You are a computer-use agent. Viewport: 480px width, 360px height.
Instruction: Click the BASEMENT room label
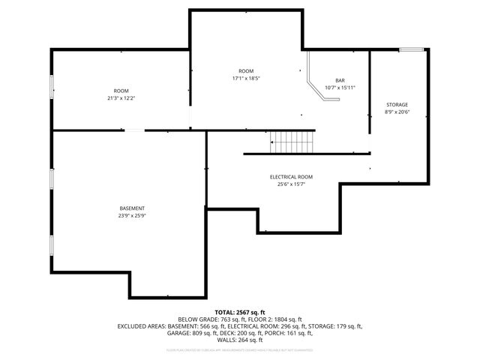tap(132, 208)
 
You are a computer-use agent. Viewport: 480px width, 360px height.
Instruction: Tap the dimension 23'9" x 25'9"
tap(132, 215)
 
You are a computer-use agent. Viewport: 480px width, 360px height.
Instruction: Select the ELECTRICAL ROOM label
tap(291, 176)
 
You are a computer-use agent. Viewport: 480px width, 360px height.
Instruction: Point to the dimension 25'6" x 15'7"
tap(291, 184)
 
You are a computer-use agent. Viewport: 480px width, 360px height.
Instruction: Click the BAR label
tap(340, 80)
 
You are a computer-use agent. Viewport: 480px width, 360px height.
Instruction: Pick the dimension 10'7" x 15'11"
tap(340, 88)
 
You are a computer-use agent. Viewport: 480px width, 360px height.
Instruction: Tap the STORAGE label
tap(397, 104)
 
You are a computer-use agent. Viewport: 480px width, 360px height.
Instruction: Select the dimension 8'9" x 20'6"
tap(397, 112)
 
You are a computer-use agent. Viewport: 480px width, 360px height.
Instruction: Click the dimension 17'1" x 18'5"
tap(246, 78)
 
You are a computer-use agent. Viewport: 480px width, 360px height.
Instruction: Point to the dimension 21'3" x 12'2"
tap(121, 98)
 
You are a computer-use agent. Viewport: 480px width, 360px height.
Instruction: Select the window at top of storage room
tap(411, 50)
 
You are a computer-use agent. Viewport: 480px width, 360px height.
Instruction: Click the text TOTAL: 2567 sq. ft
tap(240, 312)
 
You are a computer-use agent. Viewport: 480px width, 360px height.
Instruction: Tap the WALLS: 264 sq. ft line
tap(240, 340)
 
